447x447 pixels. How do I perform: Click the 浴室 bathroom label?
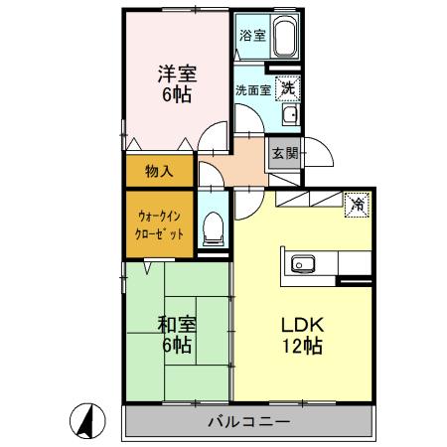(x=252, y=35)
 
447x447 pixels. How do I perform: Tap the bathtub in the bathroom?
(x=286, y=38)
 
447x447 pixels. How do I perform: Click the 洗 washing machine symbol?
(x=287, y=86)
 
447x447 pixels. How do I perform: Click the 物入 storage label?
(x=159, y=170)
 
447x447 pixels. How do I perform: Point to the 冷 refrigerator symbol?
(x=356, y=205)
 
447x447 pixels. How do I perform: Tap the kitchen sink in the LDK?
(x=302, y=264)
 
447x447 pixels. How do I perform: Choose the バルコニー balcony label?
(x=248, y=422)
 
